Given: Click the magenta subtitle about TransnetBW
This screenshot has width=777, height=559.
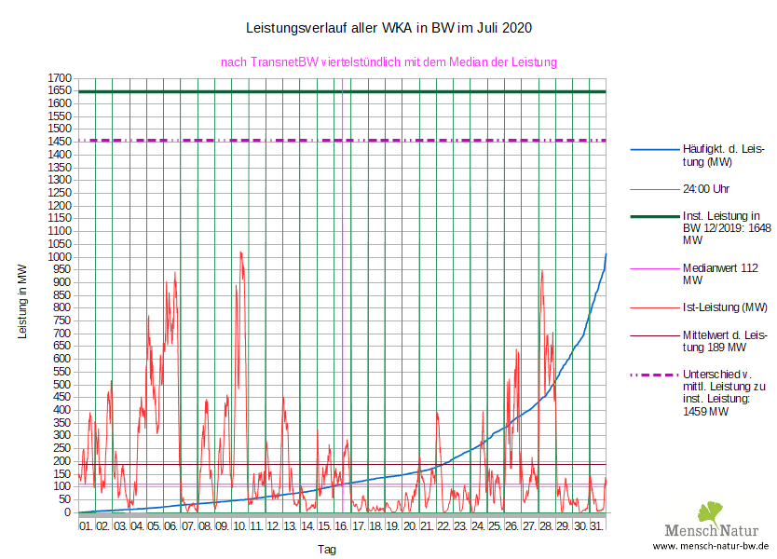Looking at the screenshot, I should pos(388,62).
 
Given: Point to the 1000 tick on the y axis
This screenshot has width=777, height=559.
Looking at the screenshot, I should pos(61,257).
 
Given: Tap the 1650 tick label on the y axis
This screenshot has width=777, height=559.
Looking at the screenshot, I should pos(61,90).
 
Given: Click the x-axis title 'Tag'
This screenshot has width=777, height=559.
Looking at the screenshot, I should pos(327,550).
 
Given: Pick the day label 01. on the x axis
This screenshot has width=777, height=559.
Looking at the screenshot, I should pos(87,526).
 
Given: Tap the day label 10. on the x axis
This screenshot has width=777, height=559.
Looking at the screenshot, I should pos(239,526).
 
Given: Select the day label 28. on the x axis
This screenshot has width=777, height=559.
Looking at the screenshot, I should pos(546,526).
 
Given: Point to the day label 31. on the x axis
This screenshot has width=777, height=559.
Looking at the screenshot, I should pos(597,526).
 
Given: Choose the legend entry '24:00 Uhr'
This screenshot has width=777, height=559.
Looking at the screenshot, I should pos(705,189).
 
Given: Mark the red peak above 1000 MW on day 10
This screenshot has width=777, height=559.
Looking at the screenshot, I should pos(240,252).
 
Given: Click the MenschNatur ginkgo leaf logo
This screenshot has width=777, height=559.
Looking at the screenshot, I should pos(711,512).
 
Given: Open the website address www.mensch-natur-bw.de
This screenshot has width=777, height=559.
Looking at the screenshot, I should pos(711,546).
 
